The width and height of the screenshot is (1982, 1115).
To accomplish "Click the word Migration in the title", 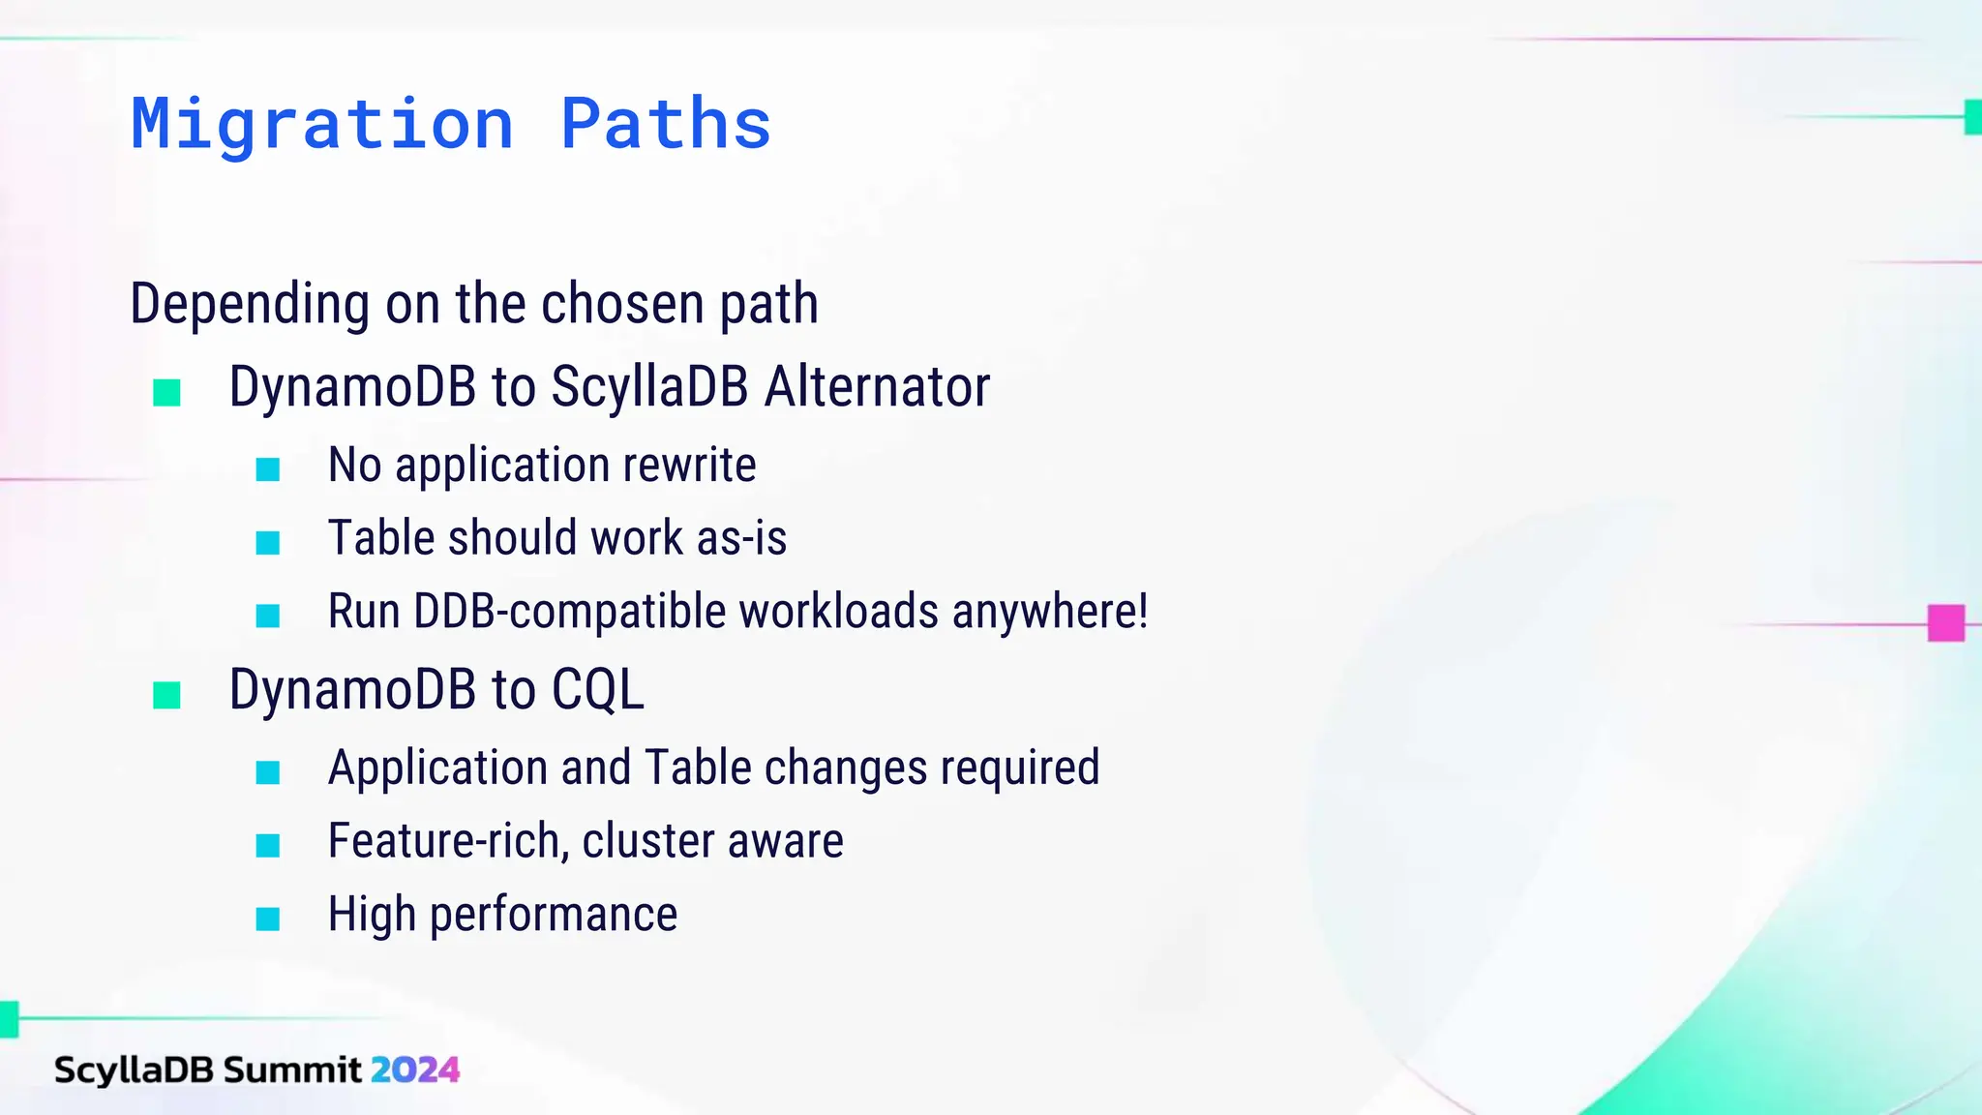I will tap(322, 124).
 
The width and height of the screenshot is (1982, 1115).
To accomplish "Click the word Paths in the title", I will tap(666, 124).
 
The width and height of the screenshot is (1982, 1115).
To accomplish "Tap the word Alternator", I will tap(877, 387).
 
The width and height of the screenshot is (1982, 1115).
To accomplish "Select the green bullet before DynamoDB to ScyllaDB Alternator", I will tap(167, 393).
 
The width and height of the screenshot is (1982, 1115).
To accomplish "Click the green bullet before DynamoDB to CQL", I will tap(167, 695).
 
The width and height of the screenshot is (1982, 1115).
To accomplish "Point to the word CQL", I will tap(597, 690).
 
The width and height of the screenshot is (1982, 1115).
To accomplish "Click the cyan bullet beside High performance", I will tap(268, 919).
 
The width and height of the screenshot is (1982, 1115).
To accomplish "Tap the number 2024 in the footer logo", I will tap(415, 1070).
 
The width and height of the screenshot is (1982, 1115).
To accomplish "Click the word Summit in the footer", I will tap(292, 1070).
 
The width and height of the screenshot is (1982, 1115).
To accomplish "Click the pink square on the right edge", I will tap(1945, 623).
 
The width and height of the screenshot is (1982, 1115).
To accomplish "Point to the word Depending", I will tap(250, 304).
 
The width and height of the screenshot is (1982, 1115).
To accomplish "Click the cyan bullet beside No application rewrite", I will tap(268, 470).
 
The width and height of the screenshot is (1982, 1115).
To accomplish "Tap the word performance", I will tap(553, 915).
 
